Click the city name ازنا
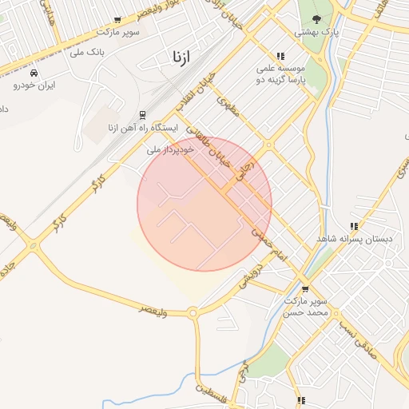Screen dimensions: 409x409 [x=183, y=57]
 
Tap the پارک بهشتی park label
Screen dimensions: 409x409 [x=317, y=32]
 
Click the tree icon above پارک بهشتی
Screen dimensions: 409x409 [x=317, y=19]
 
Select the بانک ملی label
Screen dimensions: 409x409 [x=88, y=54]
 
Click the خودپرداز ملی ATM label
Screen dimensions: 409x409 [x=171, y=149]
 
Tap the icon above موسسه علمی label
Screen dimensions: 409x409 [x=280, y=55]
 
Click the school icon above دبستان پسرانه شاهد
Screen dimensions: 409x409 [x=353, y=226]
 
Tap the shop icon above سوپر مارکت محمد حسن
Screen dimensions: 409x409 [x=305, y=289]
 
